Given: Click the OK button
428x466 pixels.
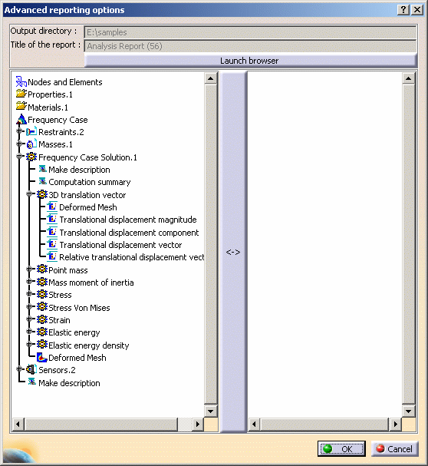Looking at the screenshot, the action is click(x=341, y=448).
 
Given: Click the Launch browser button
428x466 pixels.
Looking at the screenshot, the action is click(x=250, y=61).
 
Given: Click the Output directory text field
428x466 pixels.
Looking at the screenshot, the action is click(x=250, y=32).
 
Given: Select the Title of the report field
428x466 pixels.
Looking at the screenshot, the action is click(x=250, y=46).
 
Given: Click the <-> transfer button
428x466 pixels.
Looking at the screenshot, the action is click(x=233, y=252).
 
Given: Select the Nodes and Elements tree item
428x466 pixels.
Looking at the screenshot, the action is click(x=64, y=82).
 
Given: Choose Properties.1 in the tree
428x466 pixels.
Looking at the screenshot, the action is click(x=50, y=94).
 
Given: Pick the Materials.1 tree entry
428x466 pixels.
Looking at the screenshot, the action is click(x=48, y=107).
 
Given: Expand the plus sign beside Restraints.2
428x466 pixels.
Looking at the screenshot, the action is click(x=20, y=131).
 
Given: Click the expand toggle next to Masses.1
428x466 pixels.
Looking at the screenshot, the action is click(x=20, y=144).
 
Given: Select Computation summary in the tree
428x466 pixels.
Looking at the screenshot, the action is click(x=90, y=182).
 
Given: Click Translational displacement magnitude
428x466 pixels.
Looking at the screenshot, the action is click(x=128, y=220).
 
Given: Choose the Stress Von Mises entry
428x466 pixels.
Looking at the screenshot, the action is click(x=79, y=308).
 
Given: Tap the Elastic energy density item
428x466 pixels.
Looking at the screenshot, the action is click(x=88, y=345).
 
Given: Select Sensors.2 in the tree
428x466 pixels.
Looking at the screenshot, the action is click(x=57, y=370).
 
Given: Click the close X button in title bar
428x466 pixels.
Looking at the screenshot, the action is click(x=417, y=10).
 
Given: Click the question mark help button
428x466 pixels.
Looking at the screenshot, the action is click(x=403, y=10).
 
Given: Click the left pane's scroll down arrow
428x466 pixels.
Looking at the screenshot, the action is click(x=211, y=411).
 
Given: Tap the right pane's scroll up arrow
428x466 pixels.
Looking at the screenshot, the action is click(x=408, y=78).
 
